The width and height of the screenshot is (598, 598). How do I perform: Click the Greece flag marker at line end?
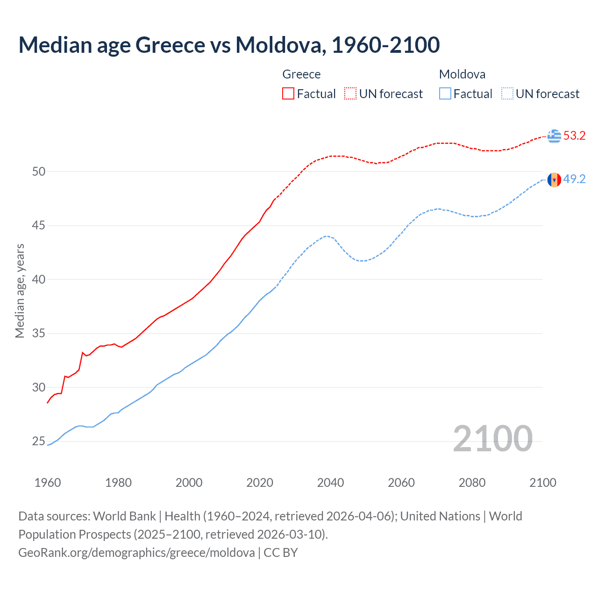pos(554,136)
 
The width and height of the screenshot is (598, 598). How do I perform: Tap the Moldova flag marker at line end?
pos(554,179)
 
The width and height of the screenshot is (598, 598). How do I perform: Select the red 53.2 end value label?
pos(574,136)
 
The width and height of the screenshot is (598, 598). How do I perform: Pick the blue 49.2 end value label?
pos(574,179)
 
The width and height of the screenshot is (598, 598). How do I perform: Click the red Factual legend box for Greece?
pos(288,94)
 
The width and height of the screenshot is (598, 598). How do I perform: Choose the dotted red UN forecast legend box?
pos(350,94)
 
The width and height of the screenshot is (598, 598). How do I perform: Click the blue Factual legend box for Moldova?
pos(445,94)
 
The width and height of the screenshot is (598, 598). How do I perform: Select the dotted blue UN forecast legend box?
pos(507,94)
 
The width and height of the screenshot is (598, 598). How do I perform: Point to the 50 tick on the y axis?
pos(39,171)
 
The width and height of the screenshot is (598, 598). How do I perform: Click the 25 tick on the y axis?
pos(39,441)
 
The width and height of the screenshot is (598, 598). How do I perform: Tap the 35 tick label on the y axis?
pos(39,334)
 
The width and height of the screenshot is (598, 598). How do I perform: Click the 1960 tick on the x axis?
pos(48,483)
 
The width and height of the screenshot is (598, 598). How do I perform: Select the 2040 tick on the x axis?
pos(330,483)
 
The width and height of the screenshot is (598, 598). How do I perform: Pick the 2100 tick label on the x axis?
pos(542,483)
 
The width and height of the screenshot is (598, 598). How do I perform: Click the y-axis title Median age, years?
pos(20,291)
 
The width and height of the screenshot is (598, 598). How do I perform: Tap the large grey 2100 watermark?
pos(492,439)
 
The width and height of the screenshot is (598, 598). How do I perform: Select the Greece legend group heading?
pos(301,74)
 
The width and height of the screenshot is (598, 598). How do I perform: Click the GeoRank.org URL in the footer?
pos(136,553)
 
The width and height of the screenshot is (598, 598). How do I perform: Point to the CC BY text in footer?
pos(281,553)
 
